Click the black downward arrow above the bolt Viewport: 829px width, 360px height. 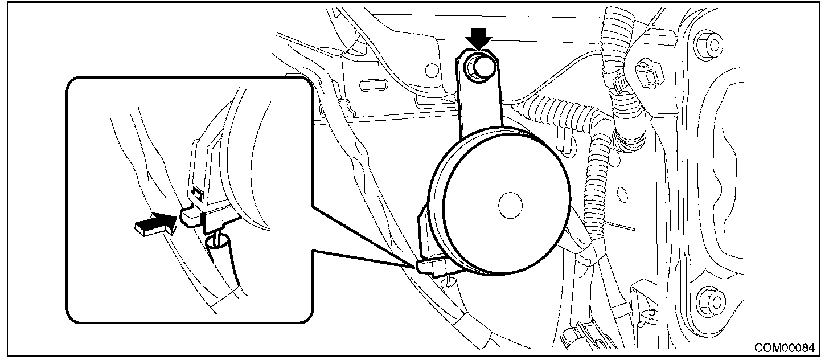[478, 40]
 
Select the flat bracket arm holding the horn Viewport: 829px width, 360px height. [479, 103]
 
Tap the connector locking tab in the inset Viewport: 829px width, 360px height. [191, 215]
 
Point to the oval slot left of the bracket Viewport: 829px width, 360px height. [375, 85]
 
